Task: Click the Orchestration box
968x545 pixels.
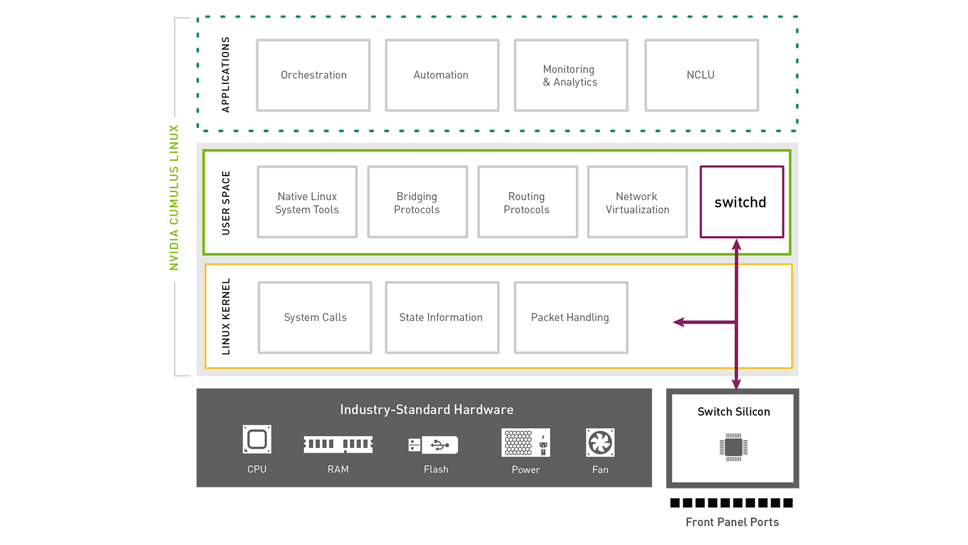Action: [x=313, y=75]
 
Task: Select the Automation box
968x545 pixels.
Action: [x=442, y=75]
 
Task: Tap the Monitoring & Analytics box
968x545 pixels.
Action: [x=571, y=75]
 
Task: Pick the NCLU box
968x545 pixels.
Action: [x=701, y=75]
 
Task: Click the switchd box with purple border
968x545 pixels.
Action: [x=741, y=202]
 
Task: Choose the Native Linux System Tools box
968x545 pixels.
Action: [x=307, y=202]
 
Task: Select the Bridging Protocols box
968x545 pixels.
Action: [x=417, y=202]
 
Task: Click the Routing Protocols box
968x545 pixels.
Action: [x=527, y=202]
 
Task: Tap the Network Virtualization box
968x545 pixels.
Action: [x=637, y=202]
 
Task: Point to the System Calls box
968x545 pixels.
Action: [x=315, y=318]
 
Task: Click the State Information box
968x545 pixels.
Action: [x=442, y=318]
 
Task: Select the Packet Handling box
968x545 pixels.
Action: [x=571, y=318]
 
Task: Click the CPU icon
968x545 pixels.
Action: [x=257, y=440]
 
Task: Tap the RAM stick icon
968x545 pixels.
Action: [x=338, y=444]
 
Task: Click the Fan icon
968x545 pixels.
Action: [x=600, y=443]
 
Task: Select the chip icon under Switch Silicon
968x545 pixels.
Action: [x=733, y=447]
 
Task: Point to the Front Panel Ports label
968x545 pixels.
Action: [x=732, y=522]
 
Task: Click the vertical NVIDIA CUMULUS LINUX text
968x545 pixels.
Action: [x=174, y=197]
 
